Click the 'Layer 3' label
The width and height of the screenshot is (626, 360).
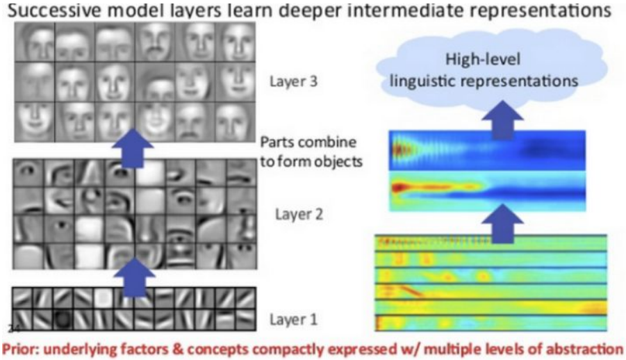point(293,81)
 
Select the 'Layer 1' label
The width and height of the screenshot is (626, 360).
point(293,320)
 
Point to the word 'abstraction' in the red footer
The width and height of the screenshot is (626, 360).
point(584,347)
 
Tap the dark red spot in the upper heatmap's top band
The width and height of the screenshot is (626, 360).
point(399,148)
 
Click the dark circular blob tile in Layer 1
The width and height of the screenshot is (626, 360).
point(63,319)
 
